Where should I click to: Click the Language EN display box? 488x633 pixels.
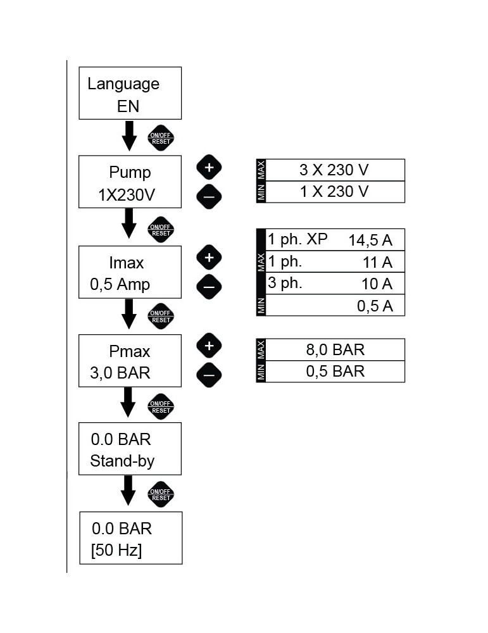tap(130, 93)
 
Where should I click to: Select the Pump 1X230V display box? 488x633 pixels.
tap(130, 182)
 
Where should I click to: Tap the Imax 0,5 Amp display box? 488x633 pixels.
tap(130, 272)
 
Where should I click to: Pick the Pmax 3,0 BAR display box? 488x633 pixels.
tap(130, 360)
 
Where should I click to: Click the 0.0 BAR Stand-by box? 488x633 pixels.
tap(130, 449)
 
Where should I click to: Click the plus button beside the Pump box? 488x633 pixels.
tap(210, 167)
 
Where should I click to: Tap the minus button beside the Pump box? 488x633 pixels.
tap(210, 197)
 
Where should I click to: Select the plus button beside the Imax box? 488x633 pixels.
tap(210, 258)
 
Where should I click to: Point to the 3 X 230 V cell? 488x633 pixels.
tap(335, 170)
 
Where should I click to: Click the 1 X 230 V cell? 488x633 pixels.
tap(335, 191)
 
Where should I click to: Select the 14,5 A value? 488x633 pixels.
tap(370, 240)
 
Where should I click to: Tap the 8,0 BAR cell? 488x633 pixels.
tap(335, 349)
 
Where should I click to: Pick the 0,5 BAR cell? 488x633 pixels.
tap(335, 371)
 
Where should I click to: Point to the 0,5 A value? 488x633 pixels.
tap(375, 306)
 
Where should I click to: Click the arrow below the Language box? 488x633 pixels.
tap(129, 135)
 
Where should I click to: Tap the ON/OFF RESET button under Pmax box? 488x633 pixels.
tap(160, 406)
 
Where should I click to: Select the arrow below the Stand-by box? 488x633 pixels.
tap(129, 490)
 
